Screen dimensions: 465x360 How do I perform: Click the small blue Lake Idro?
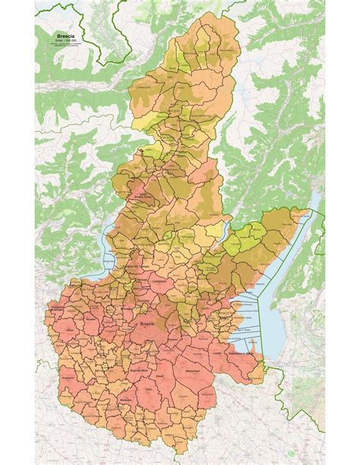tap(222, 229)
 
